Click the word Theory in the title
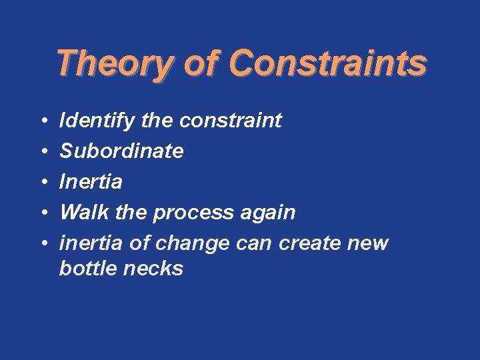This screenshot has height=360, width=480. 113,64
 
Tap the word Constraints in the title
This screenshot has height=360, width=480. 327,64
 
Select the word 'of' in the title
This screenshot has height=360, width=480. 200,64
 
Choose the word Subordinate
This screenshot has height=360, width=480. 121,151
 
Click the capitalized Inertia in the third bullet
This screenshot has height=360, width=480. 91,181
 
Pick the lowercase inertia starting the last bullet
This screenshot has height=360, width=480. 91,243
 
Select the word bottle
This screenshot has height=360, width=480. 84,269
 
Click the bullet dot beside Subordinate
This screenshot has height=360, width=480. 41,152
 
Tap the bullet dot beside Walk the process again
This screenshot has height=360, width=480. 41,213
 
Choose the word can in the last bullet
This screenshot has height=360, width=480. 255,243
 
